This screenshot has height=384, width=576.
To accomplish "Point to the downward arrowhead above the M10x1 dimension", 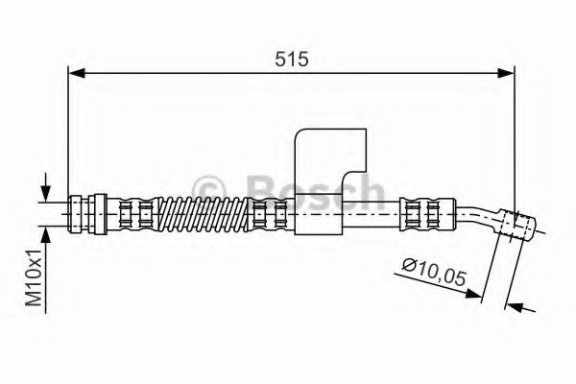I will click(x=44, y=192).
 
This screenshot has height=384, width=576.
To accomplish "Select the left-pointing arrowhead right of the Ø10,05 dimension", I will click(x=514, y=308).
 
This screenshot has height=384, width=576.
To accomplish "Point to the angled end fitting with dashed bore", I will click(x=514, y=223).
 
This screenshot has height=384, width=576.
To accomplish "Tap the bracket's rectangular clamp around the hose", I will click(x=318, y=212).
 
